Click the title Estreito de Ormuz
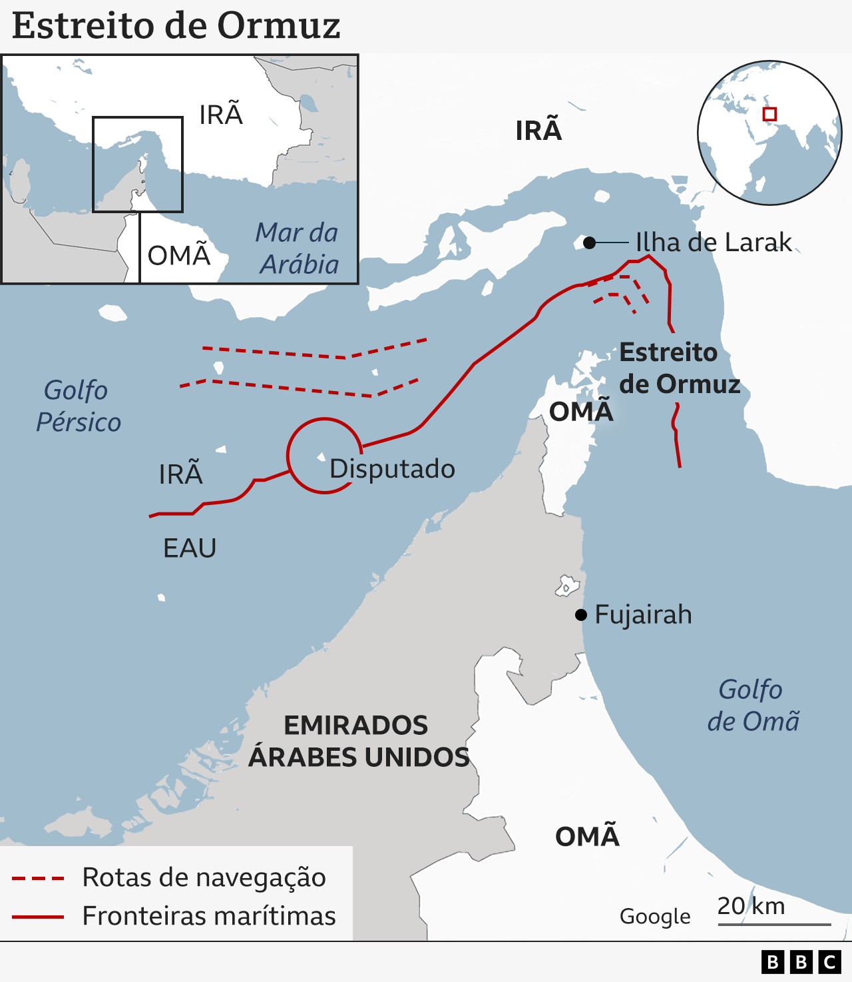click(x=176, y=27)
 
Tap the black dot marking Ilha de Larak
click(x=589, y=243)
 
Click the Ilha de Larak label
click(x=714, y=243)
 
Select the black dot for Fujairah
click(x=581, y=614)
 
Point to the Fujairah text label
click(x=643, y=614)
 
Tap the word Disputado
click(x=392, y=469)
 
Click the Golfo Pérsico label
click(x=77, y=406)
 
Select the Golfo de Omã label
click(x=752, y=706)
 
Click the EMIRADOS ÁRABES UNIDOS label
click(x=358, y=741)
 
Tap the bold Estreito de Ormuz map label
click(x=679, y=368)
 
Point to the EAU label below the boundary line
click(x=190, y=548)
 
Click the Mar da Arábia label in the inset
click(x=298, y=248)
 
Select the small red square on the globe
click(x=769, y=114)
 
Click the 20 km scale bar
click(x=773, y=923)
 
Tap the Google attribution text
click(x=655, y=917)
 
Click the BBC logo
click(x=801, y=962)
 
